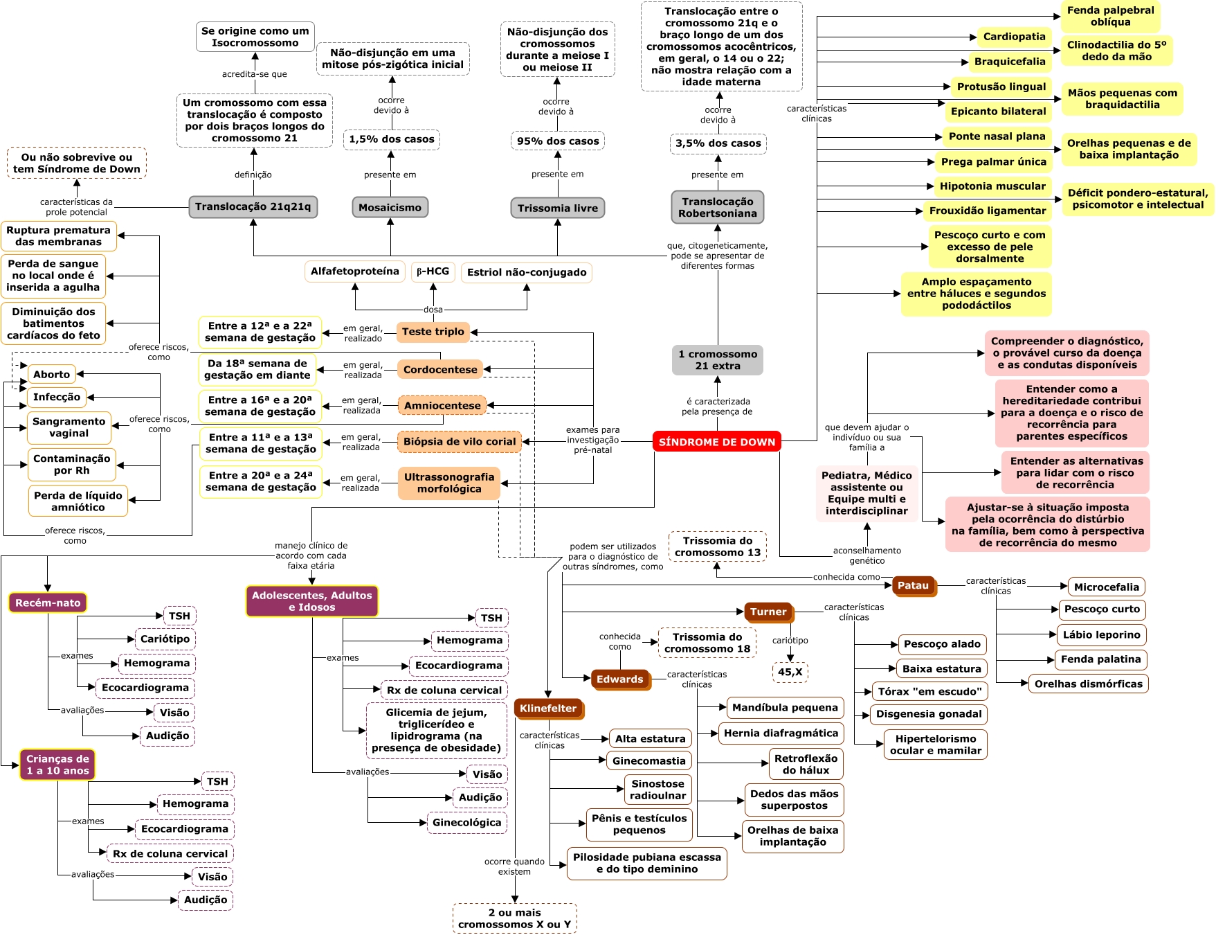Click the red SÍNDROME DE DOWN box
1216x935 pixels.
(x=716, y=442)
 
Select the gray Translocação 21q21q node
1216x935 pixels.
(x=253, y=206)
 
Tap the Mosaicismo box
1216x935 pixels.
(x=390, y=207)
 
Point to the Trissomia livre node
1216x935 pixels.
(x=557, y=208)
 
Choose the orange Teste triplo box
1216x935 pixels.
(x=433, y=332)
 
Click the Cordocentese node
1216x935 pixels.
(x=440, y=370)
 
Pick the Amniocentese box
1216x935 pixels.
(x=442, y=406)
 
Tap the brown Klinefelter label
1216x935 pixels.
(x=548, y=709)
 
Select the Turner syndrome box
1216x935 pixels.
(x=768, y=612)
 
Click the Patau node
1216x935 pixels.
(x=912, y=586)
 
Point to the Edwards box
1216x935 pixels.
(x=619, y=679)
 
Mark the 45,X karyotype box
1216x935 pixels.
(x=790, y=672)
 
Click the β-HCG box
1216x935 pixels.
(x=433, y=271)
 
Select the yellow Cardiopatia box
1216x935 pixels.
(x=1014, y=37)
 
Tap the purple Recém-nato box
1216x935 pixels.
(x=48, y=603)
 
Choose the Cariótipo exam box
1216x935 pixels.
(x=165, y=639)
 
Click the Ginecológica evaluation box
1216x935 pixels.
(x=466, y=823)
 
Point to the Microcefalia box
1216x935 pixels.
(x=1106, y=587)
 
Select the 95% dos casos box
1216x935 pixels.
(x=557, y=141)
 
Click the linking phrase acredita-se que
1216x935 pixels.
(x=254, y=74)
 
